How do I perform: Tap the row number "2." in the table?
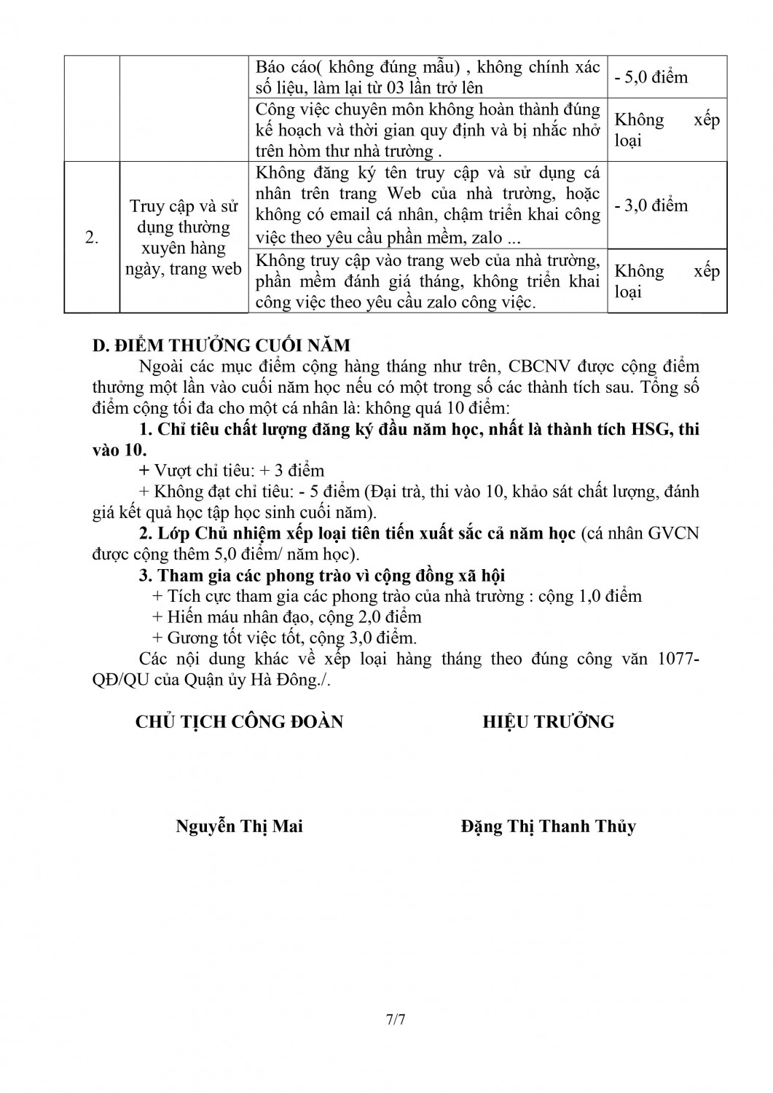click(92, 238)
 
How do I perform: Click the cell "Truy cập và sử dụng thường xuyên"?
click(184, 238)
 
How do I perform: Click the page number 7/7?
click(396, 1019)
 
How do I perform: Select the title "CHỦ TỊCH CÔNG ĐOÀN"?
click(239, 722)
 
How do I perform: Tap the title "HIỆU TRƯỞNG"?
click(548, 722)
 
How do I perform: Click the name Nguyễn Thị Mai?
click(239, 826)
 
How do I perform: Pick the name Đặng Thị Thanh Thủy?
click(548, 826)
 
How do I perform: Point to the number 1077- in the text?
click(678, 659)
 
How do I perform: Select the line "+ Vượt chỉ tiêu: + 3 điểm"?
click(231, 471)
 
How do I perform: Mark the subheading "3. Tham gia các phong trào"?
click(322, 576)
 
